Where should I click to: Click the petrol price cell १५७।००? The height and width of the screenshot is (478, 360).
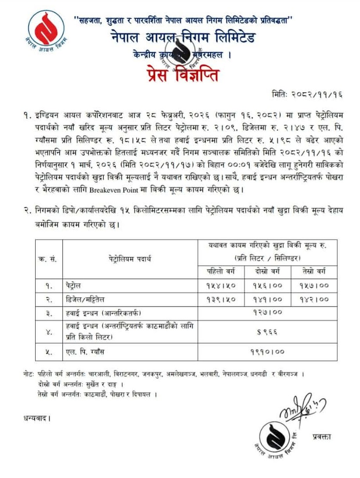pyautogui.click(x=314, y=285)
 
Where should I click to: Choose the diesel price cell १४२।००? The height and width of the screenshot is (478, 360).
pyautogui.click(x=314, y=299)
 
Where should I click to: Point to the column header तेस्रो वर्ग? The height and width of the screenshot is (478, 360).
pyautogui.click(x=314, y=271)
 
